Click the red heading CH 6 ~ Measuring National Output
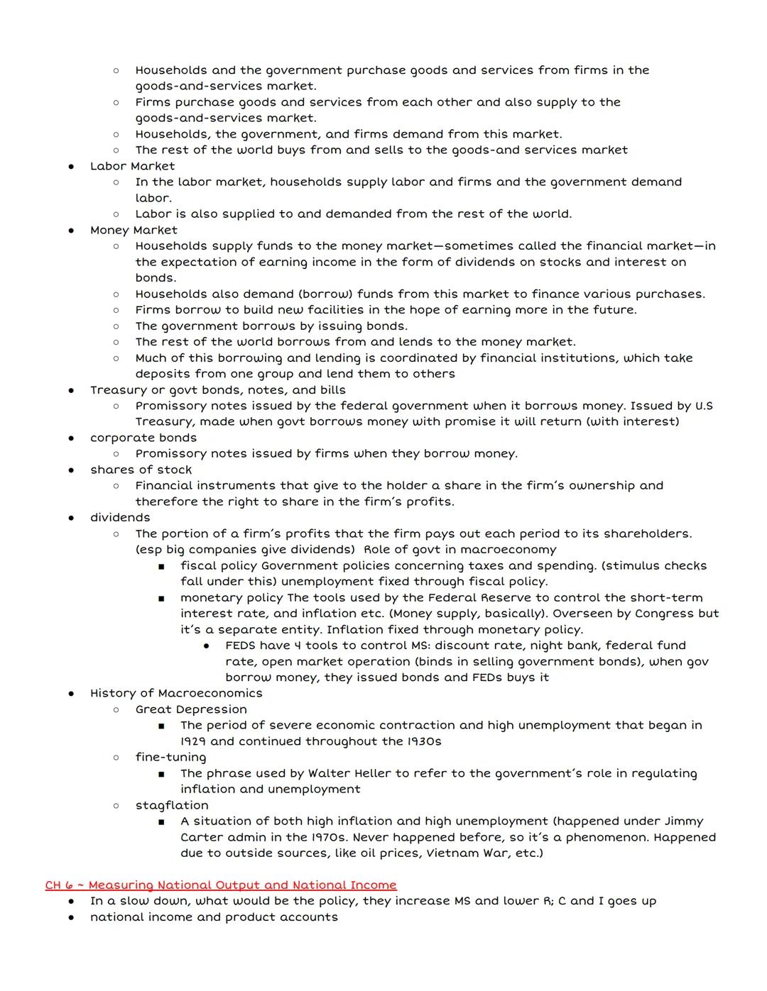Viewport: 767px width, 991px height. pyautogui.click(x=221, y=885)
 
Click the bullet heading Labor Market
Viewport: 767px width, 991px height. pyautogui.click(x=132, y=166)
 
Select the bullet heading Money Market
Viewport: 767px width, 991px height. pyautogui.click(x=134, y=230)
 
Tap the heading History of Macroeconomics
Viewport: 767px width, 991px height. pyautogui.click(x=176, y=693)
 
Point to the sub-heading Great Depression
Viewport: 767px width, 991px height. pyautogui.click(x=191, y=709)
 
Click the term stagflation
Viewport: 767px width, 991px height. pyautogui.click(x=172, y=805)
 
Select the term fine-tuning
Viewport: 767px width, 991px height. pyautogui.click(x=170, y=757)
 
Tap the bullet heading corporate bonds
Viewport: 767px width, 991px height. pyautogui.click(x=143, y=438)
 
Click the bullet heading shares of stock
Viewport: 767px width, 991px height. pyautogui.click(x=141, y=470)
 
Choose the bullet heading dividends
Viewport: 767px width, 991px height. pyautogui.click(x=120, y=518)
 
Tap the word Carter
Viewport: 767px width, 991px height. pyautogui.click(x=202, y=837)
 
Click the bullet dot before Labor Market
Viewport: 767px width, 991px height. pyautogui.click(x=71, y=167)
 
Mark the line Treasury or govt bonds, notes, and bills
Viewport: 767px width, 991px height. pyautogui.click(x=217, y=390)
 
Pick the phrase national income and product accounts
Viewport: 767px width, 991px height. pyautogui.click(x=214, y=917)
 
